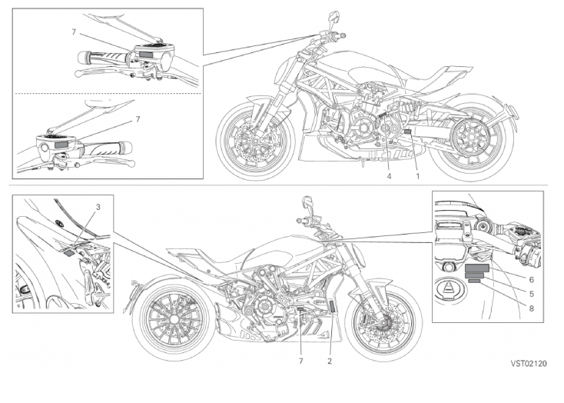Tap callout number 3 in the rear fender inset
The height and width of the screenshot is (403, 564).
click(x=98, y=207)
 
